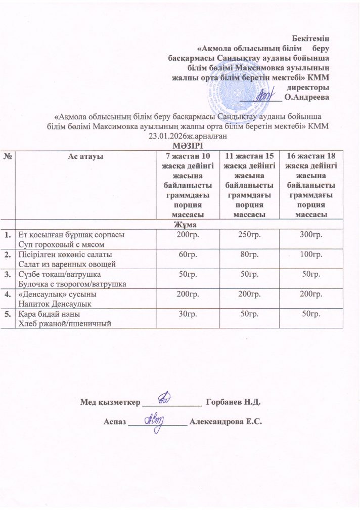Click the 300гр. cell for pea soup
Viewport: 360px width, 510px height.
coord(311,235)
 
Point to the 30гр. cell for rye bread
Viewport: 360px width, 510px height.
coord(187,315)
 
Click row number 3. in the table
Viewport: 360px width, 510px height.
coord(8,274)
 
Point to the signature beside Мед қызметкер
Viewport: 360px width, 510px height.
coord(166,401)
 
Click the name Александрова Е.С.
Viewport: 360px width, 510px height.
coord(225,421)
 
